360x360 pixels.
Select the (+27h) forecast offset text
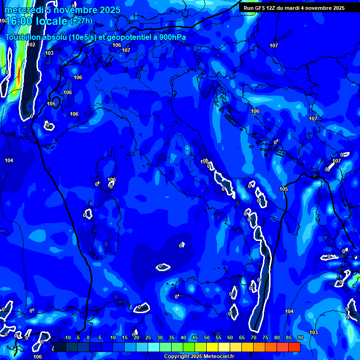[81, 21]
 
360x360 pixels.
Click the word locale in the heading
[52, 21]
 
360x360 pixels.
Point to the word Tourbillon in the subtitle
[24, 37]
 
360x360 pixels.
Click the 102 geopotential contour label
[31, 45]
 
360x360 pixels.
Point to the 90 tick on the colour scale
[300, 337]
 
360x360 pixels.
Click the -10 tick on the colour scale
[67, 337]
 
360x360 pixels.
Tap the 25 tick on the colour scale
[148, 337]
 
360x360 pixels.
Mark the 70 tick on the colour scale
[253, 337]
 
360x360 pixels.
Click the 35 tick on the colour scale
[171, 337]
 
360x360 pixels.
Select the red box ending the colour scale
[294, 347]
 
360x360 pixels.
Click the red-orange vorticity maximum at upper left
[19, 75]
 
